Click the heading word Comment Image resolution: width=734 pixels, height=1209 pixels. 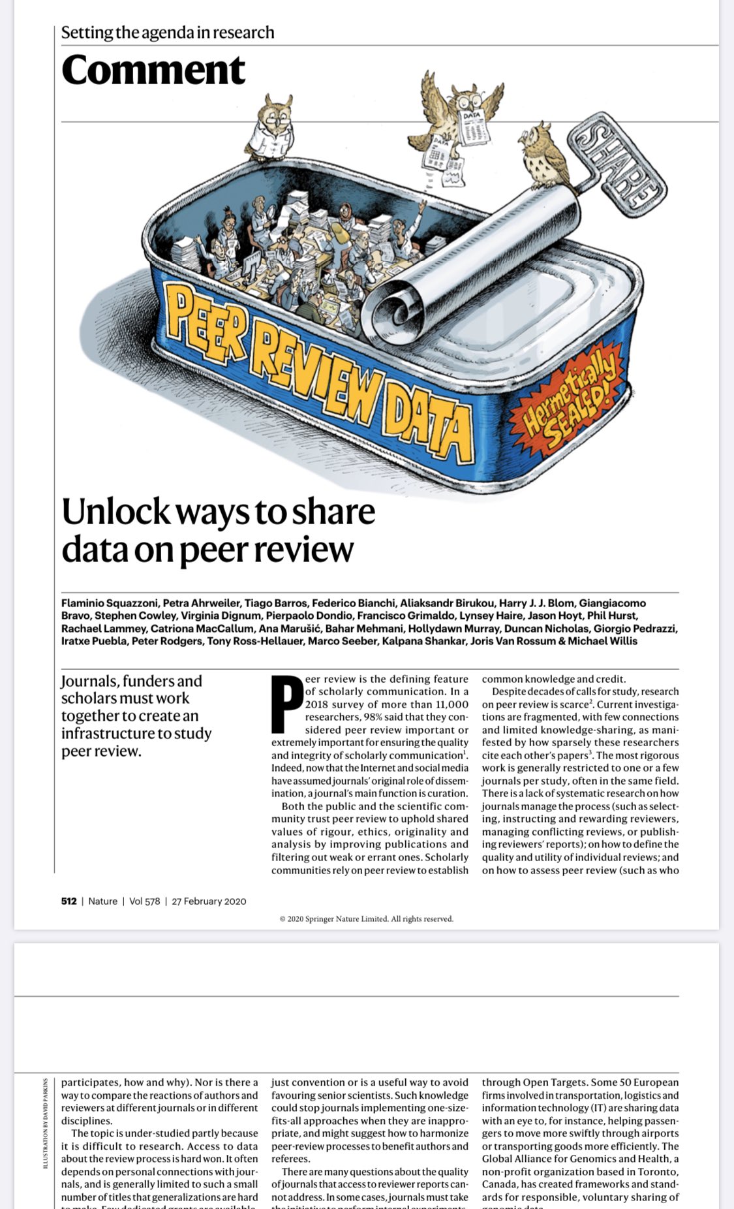(153, 71)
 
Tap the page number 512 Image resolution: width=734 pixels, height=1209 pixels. (69, 901)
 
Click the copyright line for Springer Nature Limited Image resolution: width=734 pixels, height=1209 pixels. (366, 919)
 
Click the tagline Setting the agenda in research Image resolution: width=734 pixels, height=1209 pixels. (168, 33)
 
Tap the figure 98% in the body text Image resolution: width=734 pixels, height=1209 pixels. (375, 717)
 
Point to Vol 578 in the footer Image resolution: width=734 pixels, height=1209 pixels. (144, 901)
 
